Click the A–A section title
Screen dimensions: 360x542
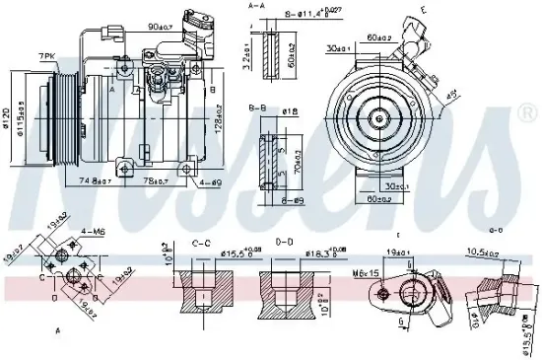pos(256,5)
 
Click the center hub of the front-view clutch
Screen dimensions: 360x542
pos(378,116)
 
